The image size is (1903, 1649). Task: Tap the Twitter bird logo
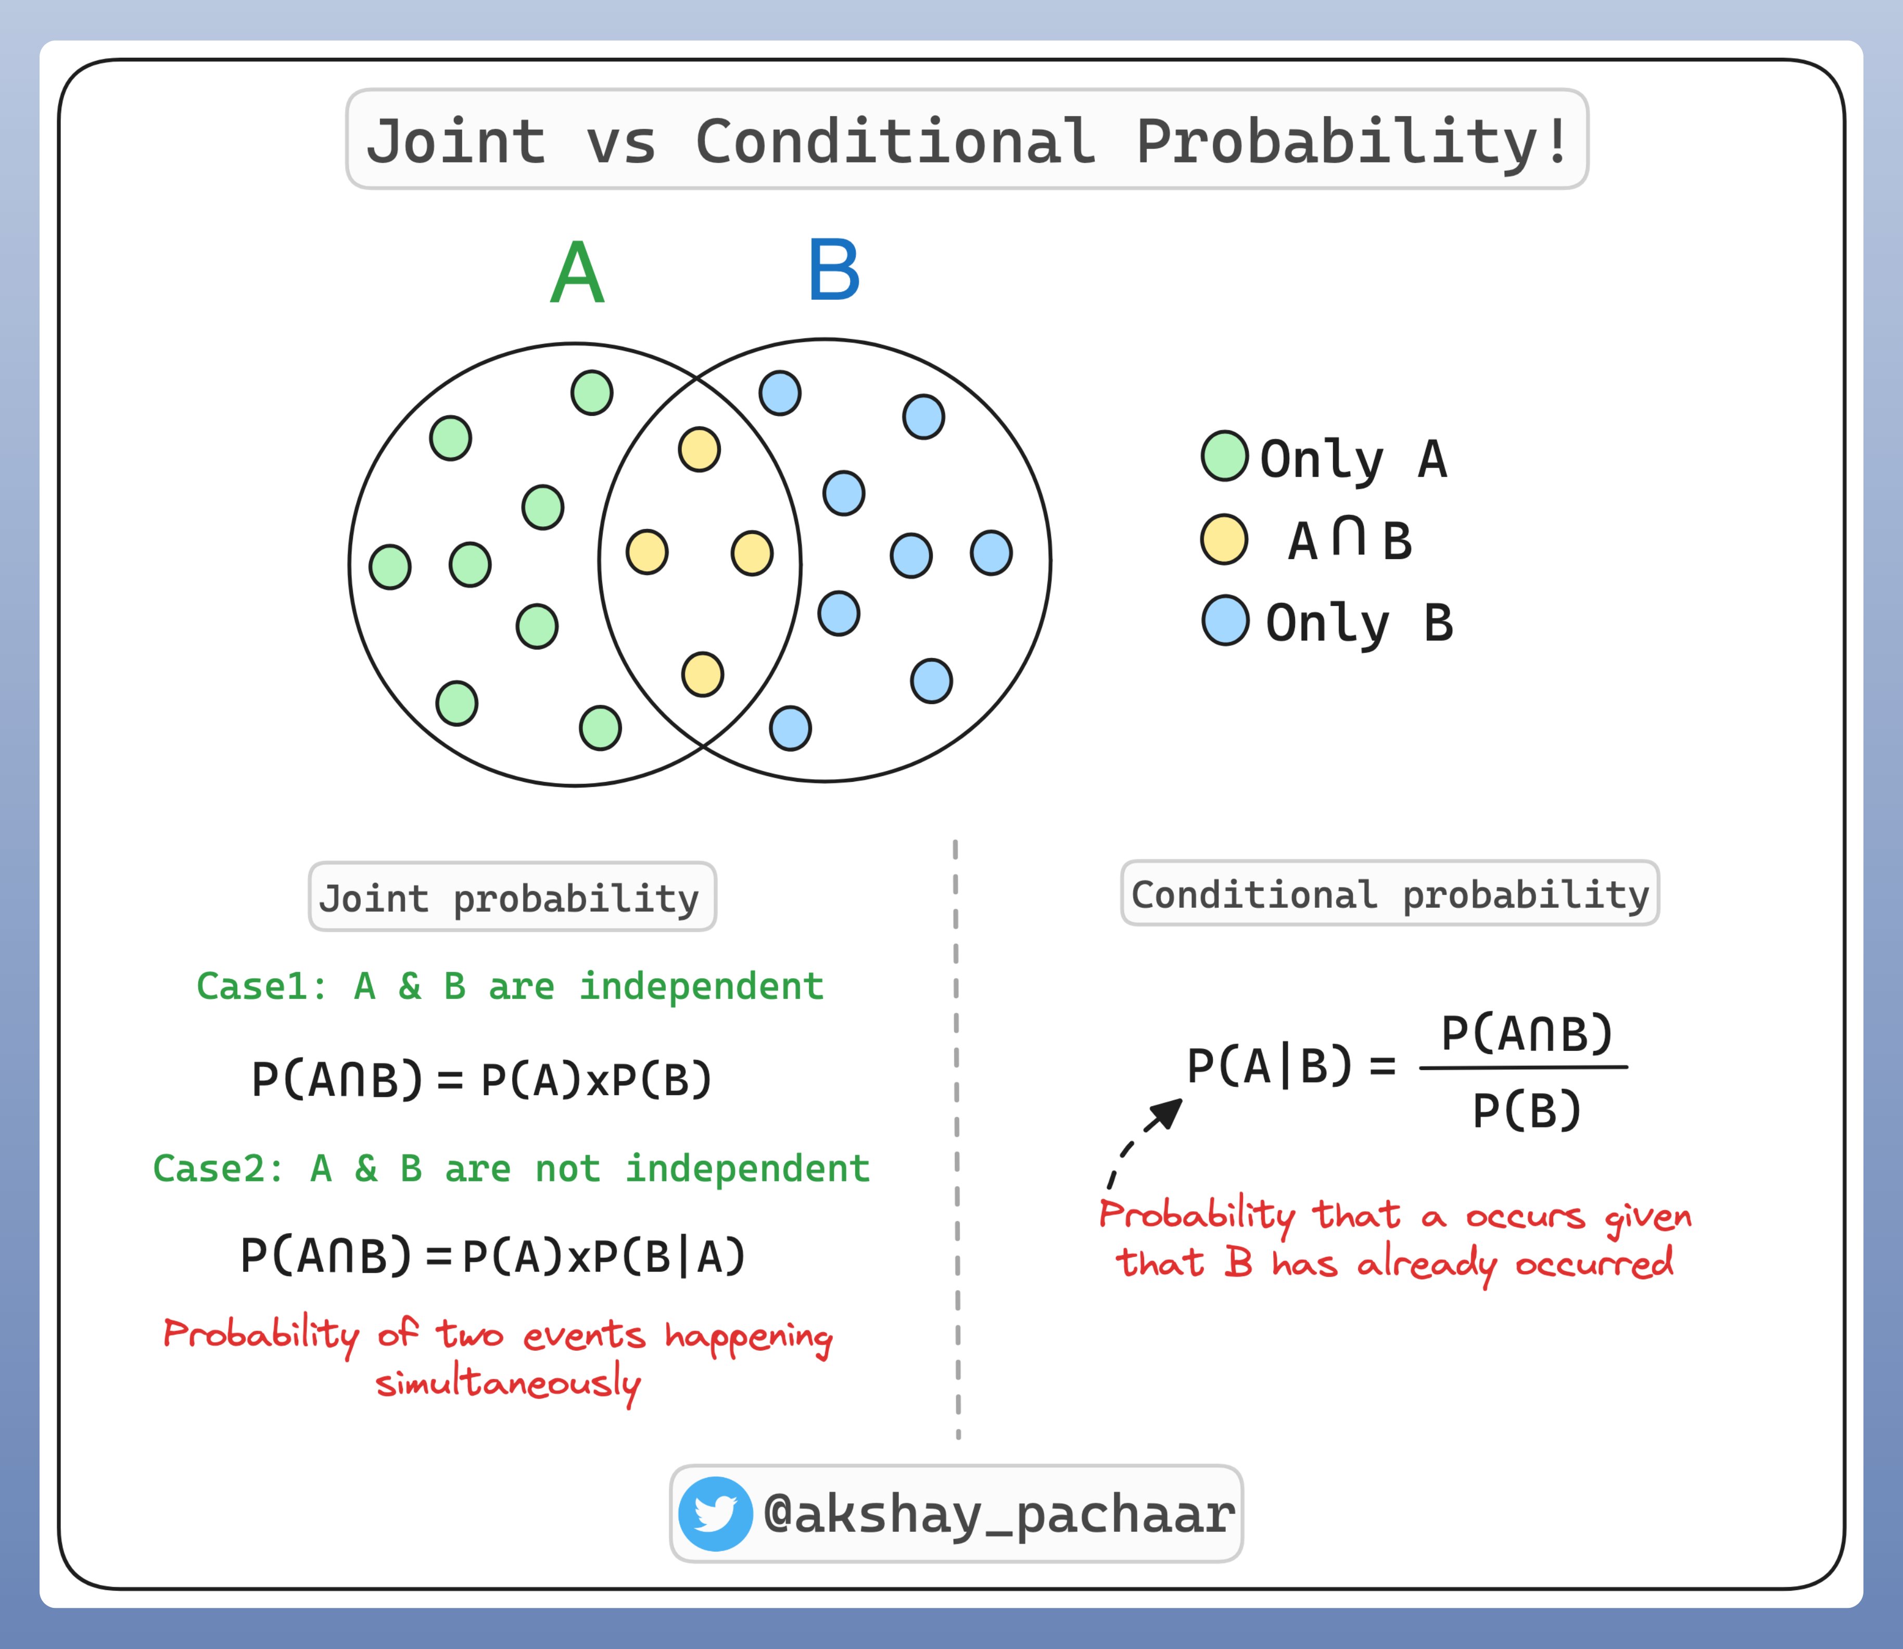(715, 1514)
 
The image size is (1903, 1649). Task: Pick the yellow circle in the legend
(1224, 539)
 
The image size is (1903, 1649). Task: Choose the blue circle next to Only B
(1226, 620)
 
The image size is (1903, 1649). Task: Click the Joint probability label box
(513, 896)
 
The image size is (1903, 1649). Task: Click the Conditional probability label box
(1390, 893)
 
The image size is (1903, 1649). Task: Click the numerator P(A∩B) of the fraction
(1527, 1033)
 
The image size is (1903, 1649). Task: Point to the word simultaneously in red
(508, 1384)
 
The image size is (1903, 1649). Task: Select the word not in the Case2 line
(568, 1169)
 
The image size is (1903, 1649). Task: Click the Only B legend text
(1359, 623)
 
